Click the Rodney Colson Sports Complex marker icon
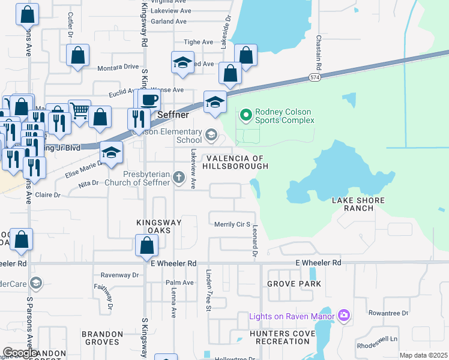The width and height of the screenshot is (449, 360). click(246, 114)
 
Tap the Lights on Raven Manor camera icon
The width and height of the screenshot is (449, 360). click(344, 315)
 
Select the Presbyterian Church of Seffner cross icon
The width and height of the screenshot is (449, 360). click(178, 177)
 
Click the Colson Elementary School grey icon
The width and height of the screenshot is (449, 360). click(211, 135)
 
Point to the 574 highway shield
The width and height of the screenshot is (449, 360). click(315, 78)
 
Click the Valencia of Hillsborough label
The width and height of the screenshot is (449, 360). click(236, 161)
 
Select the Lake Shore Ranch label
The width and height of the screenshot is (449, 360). click(358, 204)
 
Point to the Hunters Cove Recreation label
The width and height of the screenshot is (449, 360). click(283, 337)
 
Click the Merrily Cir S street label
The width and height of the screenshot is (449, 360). click(232, 224)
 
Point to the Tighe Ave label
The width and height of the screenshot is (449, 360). click(199, 42)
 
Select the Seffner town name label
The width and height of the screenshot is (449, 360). click(173, 115)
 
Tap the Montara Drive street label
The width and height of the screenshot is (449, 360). click(118, 67)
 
